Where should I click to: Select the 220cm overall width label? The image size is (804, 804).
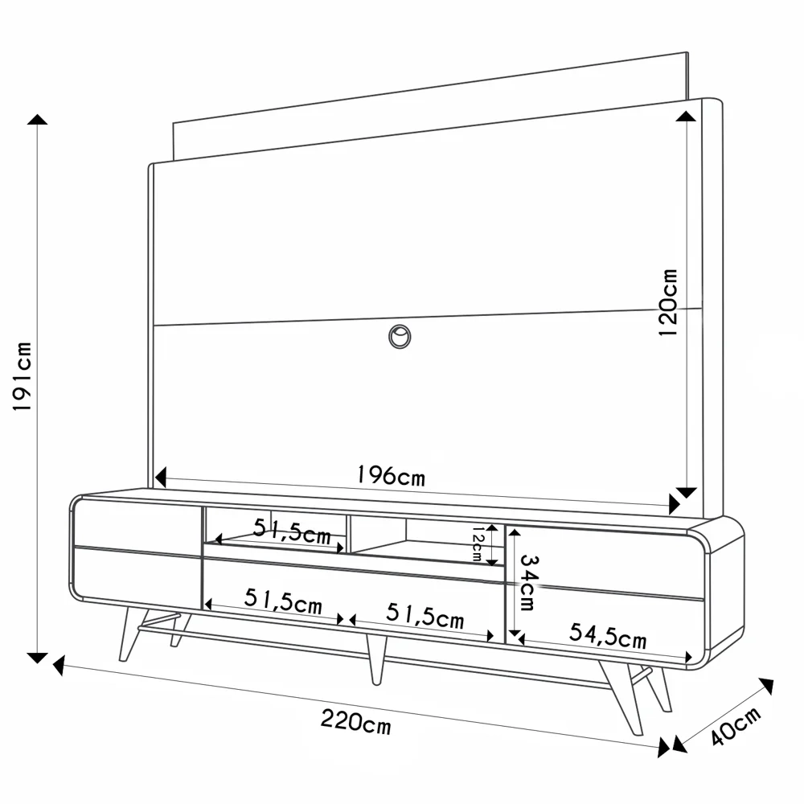pos(355,721)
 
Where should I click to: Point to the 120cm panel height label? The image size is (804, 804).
pos(668,301)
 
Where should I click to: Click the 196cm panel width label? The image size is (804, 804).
pos(391,476)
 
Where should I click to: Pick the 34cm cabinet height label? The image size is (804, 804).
pos(527,581)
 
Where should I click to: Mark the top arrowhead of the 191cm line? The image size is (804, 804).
pos(37,120)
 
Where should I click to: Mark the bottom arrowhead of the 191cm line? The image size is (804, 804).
pos(37,658)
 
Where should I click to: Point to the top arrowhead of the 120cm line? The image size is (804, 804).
pos(686,117)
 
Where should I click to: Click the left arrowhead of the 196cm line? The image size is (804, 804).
pos(159,477)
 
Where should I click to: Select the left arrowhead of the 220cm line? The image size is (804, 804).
pos(59,666)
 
